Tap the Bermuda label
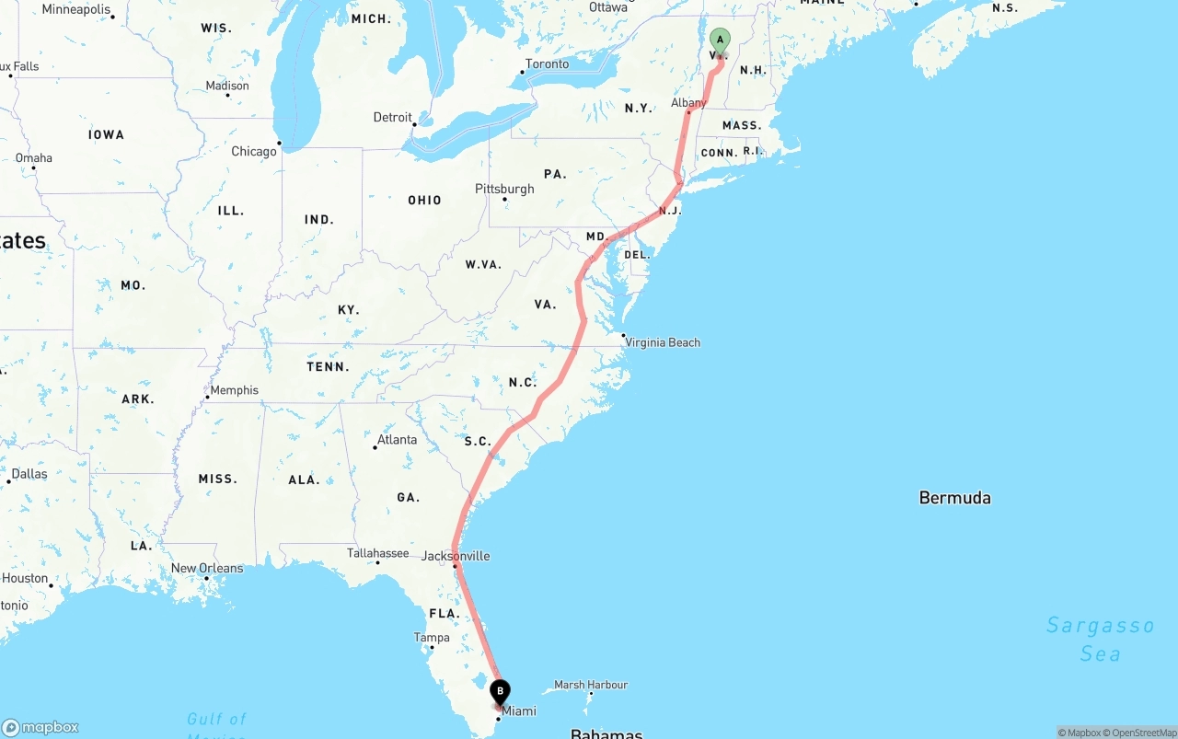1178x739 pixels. (954, 498)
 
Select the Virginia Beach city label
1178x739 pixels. (663, 342)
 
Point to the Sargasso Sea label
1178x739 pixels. (1100, 639)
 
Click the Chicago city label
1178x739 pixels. (254, 151)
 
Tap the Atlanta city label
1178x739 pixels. (397, 440)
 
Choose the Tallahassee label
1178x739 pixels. (377, 553)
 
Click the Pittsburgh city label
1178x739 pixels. (504, 189)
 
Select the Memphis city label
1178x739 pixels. (234, 390)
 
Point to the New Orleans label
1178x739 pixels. (207, 568)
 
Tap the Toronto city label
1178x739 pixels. (547, 64)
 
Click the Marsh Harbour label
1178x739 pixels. (590, 685)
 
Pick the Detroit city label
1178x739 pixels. (393, 117)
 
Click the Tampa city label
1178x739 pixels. (432, 638)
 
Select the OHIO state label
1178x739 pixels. (424, 200)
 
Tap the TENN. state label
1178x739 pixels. (328, 367)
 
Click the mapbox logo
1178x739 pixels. (40, 727)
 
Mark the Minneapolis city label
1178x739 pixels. (76, 9)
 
